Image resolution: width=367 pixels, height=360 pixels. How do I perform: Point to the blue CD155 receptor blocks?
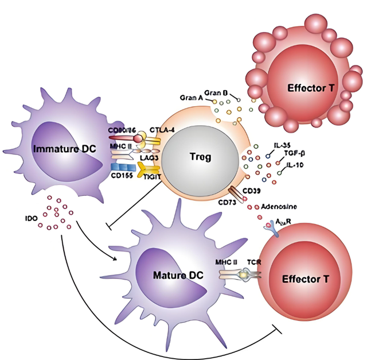(119, 167)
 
